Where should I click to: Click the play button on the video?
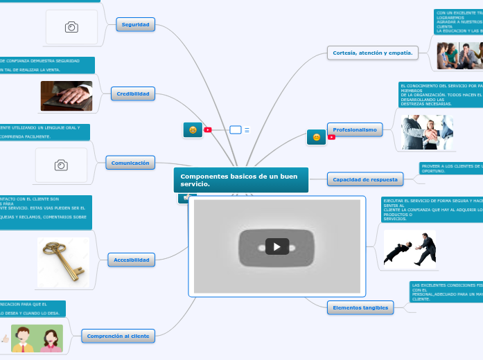tap(276, 246)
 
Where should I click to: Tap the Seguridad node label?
tap(135, 24)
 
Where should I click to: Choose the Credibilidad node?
tap(132, 93)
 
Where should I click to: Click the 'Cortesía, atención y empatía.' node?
tap(372, 52)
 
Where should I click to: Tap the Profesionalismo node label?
tap(355, 129)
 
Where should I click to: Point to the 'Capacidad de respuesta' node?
tap(365, 179)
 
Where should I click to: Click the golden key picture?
tap(62, 263)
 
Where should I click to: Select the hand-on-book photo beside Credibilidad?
tap(66, 96)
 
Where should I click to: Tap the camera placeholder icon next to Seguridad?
tap(71, 27)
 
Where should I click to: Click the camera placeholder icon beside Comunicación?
tap(61, 165)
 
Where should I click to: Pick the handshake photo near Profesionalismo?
tap(427, 132)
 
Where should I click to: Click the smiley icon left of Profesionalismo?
tap(316, 137)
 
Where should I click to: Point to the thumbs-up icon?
tap(6, 339)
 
